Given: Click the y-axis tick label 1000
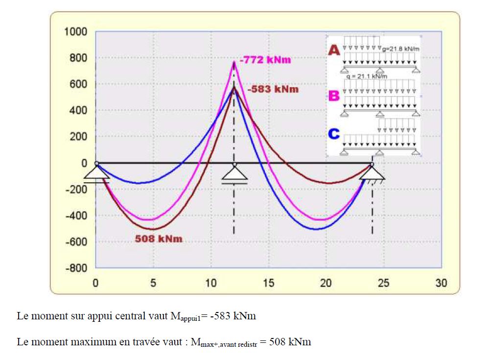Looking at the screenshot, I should coord(75,32).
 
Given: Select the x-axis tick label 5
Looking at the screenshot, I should coord(153,283).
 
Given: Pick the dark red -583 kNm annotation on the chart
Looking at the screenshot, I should coord(273,90).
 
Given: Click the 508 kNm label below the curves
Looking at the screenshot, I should coord(158,240).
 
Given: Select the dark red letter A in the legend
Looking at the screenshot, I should coord(334,50).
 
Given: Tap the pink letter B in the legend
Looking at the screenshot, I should coord(334,96).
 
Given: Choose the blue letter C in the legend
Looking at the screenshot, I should coord(334,134).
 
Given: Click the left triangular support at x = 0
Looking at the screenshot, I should coord(96,172).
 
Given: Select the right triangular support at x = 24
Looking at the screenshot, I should coord(372,172).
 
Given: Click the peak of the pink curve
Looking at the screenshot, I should coord(234,62).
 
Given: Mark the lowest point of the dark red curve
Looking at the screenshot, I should coord(153,229).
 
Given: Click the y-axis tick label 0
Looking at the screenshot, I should coord(84,163).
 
